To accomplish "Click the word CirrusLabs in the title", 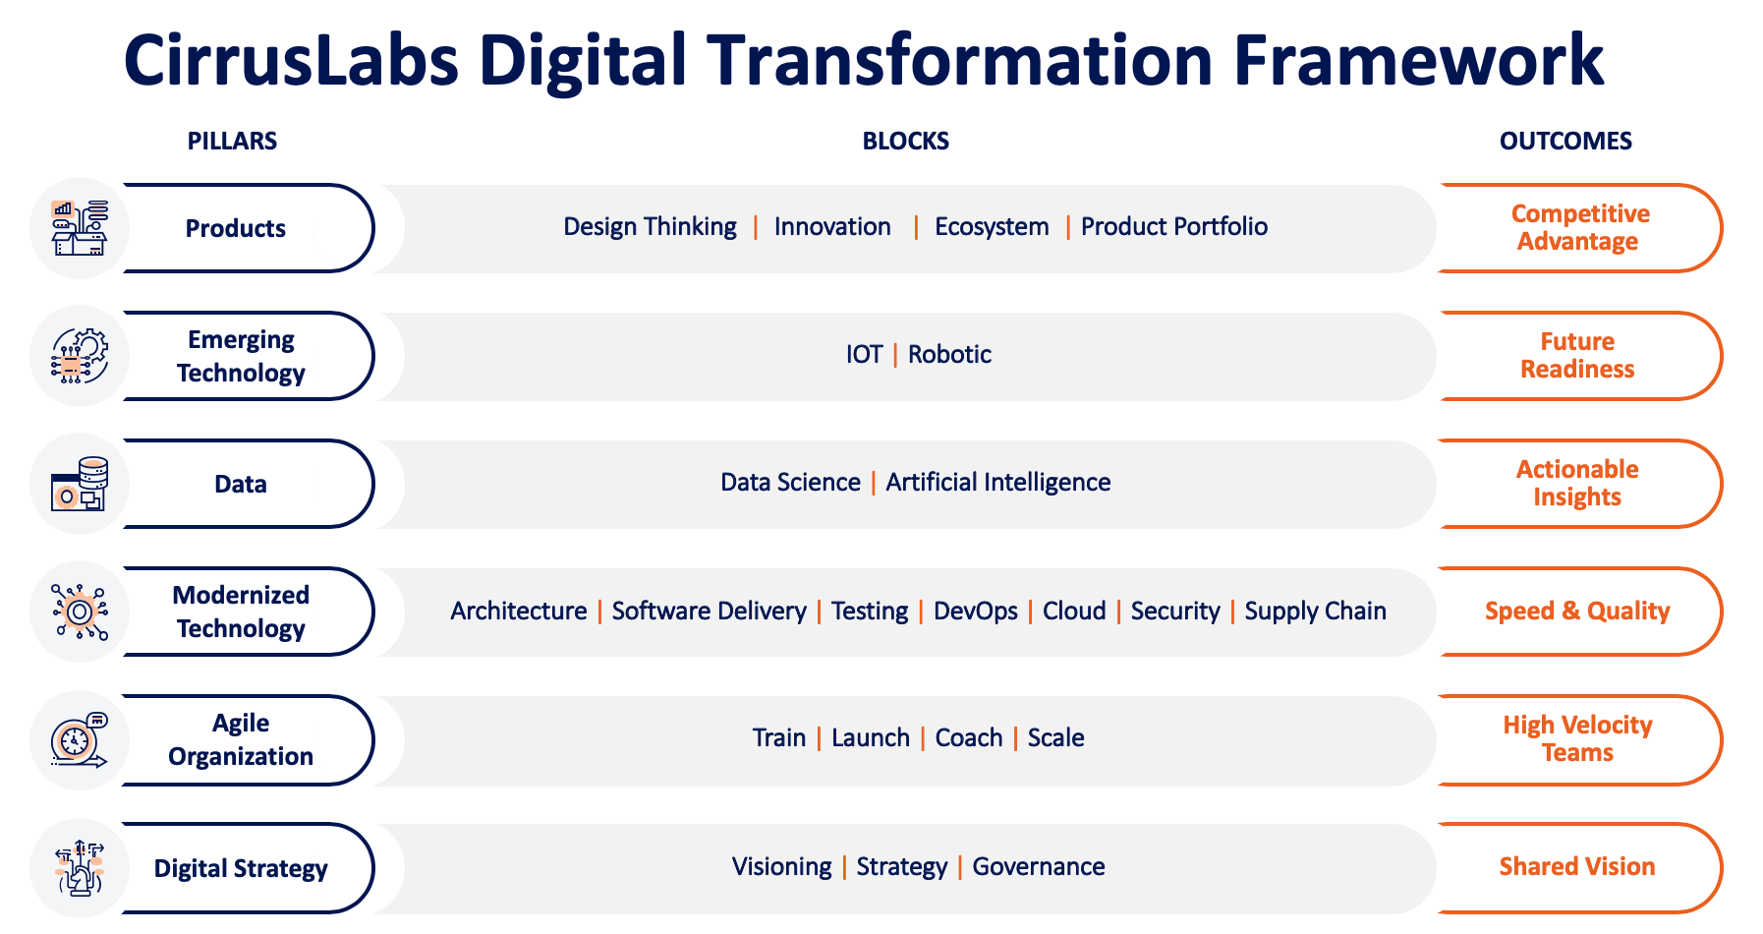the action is (292, 60).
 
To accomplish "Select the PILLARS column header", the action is (232, 141).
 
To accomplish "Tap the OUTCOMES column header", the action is (1565, 141).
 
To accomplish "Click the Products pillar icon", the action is (80, 228).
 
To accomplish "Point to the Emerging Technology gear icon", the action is (80, 356).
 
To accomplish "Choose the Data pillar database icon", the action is (80, 484).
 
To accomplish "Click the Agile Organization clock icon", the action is (80, 740).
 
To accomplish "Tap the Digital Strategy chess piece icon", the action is (80, 868).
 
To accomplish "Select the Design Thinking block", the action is (650, 227).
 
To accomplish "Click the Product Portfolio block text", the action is (1174, 227).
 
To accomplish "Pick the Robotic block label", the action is (949, 354).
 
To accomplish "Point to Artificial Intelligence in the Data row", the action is (998, 483).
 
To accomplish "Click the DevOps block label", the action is (976, 611).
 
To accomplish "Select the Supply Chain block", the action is (1316, 611).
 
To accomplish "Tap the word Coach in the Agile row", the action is (969, 737).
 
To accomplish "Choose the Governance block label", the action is (1039, 866).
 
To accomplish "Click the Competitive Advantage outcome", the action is (1579, 227).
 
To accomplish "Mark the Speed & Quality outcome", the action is (1577, 611).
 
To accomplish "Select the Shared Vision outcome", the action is (1577, 866).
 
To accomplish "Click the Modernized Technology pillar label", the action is (241, 612).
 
